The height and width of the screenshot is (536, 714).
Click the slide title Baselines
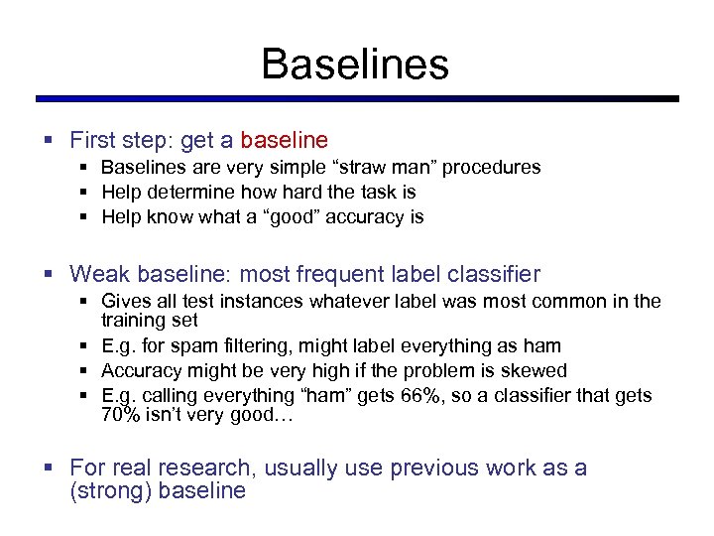[355, 65]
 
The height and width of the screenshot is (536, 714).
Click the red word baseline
[284, 141]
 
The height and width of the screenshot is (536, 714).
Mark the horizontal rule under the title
[357, 99]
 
